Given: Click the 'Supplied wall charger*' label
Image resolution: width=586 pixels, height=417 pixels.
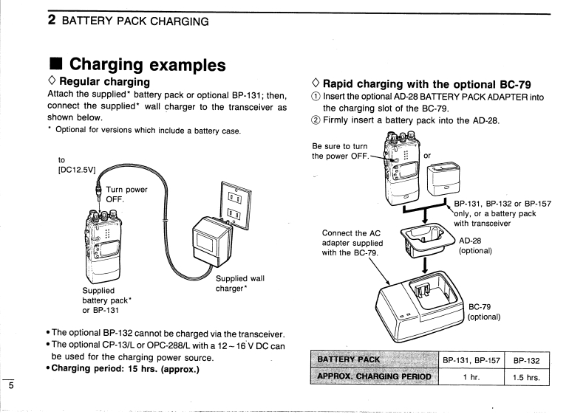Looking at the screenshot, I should [239, 283].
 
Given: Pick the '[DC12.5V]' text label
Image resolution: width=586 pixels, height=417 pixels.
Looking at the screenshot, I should [71, 170].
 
